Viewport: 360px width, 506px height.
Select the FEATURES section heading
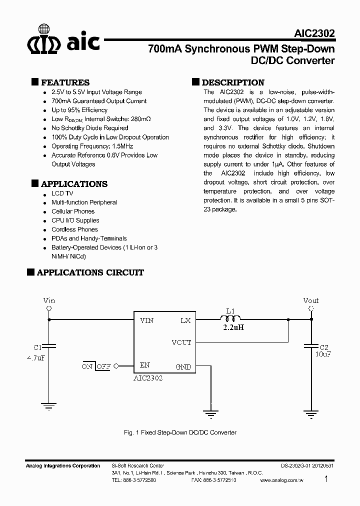[x=65, y=82]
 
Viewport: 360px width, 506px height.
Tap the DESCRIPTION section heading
[x=233, y=82]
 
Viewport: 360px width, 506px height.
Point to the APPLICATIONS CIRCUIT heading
[x=90, y=272]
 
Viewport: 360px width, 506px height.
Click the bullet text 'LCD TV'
[x=62, y=193]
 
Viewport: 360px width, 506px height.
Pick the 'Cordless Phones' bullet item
[x=75, y=229]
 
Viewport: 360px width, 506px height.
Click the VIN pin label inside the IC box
[x=146, y=320]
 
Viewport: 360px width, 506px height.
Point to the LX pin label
[x=185, y=320]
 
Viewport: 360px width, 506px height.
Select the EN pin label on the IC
[x=145, y=365]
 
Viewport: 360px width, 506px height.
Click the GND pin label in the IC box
[x=183, y=366]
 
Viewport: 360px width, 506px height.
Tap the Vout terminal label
[x=310, y=300]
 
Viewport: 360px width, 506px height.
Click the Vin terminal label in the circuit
[x=49, y=300]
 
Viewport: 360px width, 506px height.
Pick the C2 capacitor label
[x=324, y=347]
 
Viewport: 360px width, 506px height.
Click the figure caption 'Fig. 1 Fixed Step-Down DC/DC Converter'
[x=180, y=432]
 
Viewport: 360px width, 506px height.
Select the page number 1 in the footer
[x=326, y=479]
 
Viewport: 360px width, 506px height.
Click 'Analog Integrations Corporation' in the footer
[x=62, y=466]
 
